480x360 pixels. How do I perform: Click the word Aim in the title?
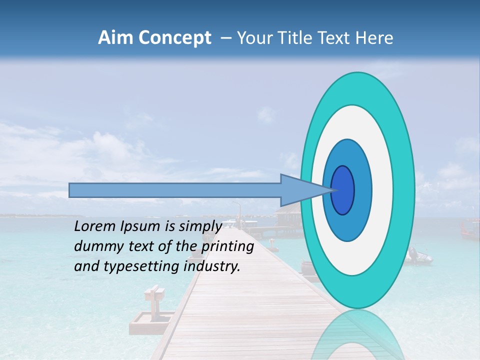pyautogui.click(x=115, y=38)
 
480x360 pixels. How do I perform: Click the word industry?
pyautogui.click(x=212, y=266)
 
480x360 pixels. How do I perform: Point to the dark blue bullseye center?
pyautogui.click(x=343, y=190)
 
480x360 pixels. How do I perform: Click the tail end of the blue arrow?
pyautogui.click(x=71, y=190)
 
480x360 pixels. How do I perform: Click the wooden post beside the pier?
pyautogui.click(x=153, y=299)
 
